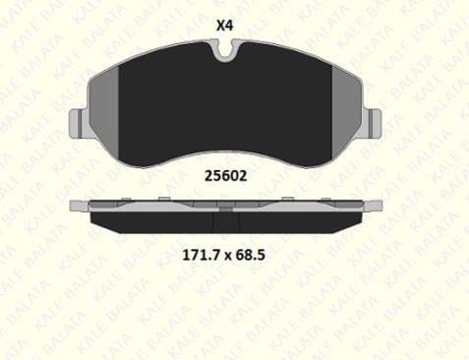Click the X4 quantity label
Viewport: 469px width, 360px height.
[x=224, y=26]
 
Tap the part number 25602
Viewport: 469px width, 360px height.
[x=225, y=176]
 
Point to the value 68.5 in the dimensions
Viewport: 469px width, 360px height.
[x=250, y=255]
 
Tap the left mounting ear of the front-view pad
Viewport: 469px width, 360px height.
[x=79, y=124]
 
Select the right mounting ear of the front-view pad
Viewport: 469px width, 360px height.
[x=373, y=124]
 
